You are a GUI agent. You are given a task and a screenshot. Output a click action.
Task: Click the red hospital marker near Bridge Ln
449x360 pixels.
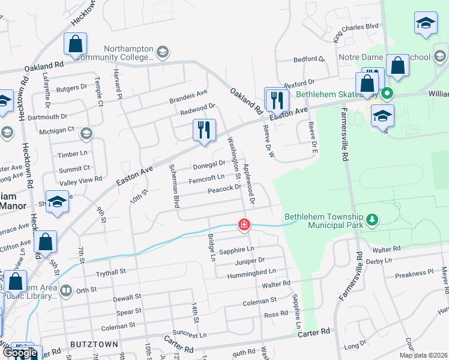pyautogui.click(x=244, y=225)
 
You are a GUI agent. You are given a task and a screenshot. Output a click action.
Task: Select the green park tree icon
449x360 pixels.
pyautogui.click(x=372, y=220)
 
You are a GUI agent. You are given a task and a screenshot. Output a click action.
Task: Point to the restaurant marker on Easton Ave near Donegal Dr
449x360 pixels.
pyautogui.click(x=204, y=130)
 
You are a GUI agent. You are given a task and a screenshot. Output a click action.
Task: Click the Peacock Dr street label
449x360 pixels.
pyautogui.click(x=224, y=189)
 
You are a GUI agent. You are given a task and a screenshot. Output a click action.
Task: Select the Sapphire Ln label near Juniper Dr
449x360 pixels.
pyautogui.click(x=237, y=249)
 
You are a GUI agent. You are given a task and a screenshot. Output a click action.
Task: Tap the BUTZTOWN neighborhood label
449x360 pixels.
pyautogui.click(x=90, y=344)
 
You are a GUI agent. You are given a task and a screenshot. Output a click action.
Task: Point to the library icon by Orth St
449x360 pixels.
pyautogui.click(x=66, y=290)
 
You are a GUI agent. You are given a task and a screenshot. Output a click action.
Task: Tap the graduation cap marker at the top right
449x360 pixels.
pyautogui.click(x=426, y=23)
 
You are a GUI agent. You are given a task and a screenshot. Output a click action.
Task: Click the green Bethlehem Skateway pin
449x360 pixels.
pyautogui.click(x=388, y=94)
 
